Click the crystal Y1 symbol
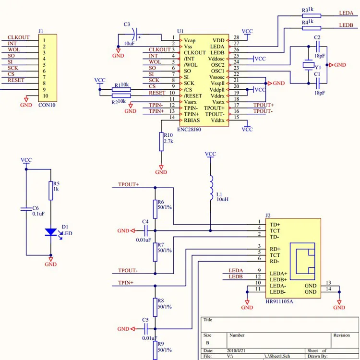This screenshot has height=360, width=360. [308, 65]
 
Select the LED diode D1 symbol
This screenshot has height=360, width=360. [51, 232]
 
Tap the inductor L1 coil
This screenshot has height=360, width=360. [211, 188]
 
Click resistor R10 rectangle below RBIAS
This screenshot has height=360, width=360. [161, 142]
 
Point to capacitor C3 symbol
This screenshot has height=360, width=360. [135, 35]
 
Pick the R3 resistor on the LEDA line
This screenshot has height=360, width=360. [312, 16]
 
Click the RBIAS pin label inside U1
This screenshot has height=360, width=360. [192, 120]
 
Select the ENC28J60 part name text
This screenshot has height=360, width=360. [189, 130]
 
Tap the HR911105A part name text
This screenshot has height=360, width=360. [279, 301]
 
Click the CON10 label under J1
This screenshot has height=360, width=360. [47, 105]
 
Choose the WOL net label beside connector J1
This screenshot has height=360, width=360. [14, 49]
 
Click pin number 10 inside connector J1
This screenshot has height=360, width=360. [46, 96]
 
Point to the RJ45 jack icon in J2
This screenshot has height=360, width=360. [302, 261]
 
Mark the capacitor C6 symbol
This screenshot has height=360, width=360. [26, 209]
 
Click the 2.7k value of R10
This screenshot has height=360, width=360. [168, 141]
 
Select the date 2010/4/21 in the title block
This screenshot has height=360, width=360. [236, 350]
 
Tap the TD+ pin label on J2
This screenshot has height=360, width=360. [275, 225]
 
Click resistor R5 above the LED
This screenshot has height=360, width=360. [51, 191]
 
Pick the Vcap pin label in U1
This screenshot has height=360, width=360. [190, 41]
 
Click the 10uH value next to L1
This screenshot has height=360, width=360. [222, 199]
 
